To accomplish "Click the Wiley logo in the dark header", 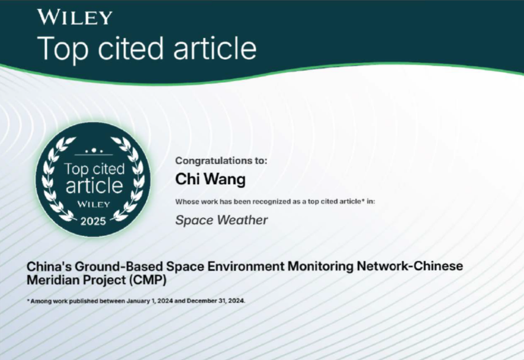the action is coord(75,17).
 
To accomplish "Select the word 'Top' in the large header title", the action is coord(63,50).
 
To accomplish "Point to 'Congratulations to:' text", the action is coord(221,160).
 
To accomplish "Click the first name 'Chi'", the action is coord(188,179).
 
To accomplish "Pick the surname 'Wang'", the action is coord(224,180).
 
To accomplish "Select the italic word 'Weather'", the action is coord(242,220).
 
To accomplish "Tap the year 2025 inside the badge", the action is coord(93,221).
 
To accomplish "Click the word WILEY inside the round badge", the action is coord(93,204).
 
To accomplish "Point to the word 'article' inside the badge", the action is coord(94,185).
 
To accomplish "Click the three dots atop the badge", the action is coord(94,151).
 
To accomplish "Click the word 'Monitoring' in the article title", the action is coord(320,266).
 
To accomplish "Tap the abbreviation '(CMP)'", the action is coord(147,280).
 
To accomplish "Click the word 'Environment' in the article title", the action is coord(246,266).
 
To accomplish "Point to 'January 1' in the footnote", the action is coord(141,301).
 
